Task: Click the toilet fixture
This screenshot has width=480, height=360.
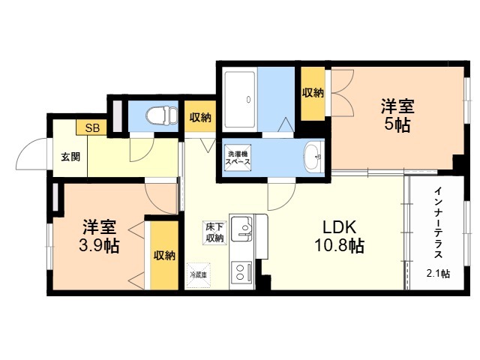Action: click(162, 115)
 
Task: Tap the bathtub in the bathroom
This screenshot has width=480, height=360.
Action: click(240, 100)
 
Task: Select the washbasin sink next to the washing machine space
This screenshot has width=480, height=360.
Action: click(313, 157)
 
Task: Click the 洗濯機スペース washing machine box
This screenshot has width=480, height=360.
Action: click(238, 157)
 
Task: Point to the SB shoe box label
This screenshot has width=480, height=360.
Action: click(92, 127)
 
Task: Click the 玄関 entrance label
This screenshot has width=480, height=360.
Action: click(70, 157)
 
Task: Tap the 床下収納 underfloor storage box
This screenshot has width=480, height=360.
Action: click(215, 232)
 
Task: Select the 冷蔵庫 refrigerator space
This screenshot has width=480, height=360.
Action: click(198, 275)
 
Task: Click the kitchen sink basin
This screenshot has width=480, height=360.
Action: click(241, 229)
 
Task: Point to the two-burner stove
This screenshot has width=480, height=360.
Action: click(241, 272)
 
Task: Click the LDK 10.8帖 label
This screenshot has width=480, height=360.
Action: click(340, 236)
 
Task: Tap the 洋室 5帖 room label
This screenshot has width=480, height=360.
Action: click(397, 115)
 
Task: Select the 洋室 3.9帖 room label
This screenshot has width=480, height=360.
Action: click(99, 236)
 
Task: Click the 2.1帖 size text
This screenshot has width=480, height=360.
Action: click(438, 273)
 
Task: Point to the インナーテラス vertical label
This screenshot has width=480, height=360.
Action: click(438, 223)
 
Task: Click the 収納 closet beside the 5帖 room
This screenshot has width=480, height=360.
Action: click(313, 93)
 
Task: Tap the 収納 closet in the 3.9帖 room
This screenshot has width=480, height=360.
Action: click(164, 255)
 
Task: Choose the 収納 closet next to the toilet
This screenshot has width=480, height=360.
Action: click(200, 117)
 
